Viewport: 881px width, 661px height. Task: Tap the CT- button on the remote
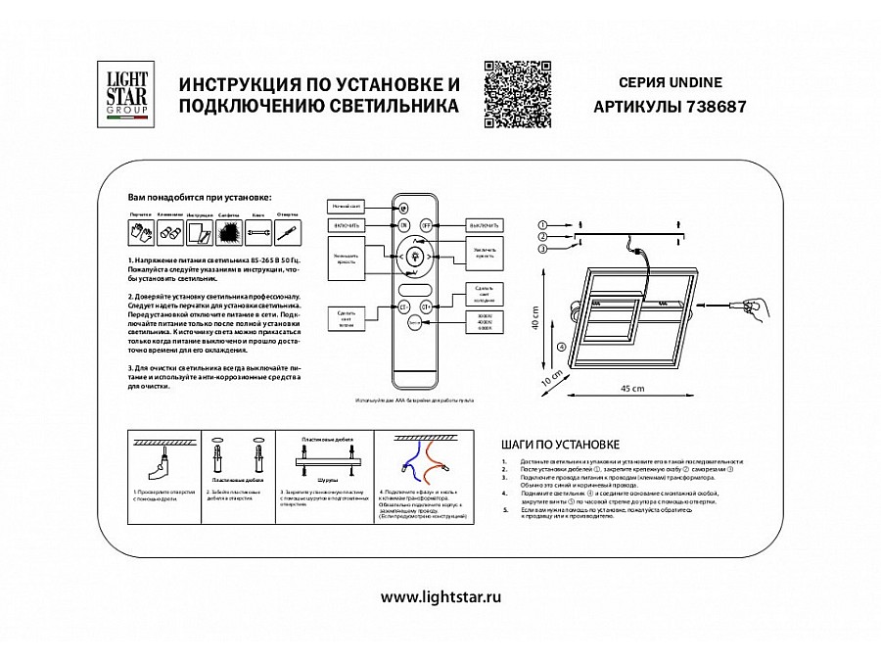403,306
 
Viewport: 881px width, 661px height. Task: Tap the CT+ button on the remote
427,306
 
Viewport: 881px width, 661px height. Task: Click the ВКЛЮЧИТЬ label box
348,224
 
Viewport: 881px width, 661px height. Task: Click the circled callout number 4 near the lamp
560,346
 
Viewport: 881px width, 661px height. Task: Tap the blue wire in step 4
407,460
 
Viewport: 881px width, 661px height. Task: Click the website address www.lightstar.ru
440,596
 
